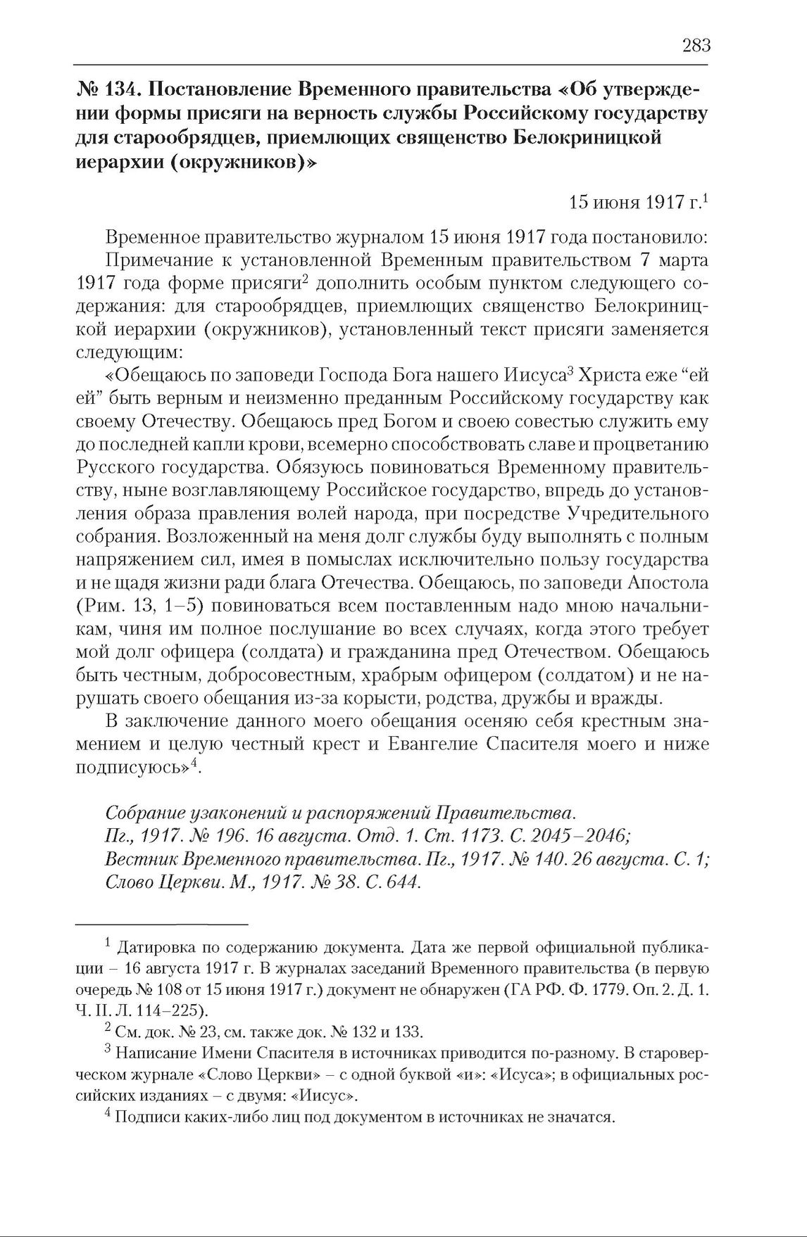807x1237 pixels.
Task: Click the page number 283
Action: click(x=696, y=46)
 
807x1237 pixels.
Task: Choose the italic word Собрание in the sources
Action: click(x=144, y=813)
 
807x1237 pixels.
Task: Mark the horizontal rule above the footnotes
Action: click(x=162, y=922)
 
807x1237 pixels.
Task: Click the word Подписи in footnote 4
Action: click(x=144, y=1117)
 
